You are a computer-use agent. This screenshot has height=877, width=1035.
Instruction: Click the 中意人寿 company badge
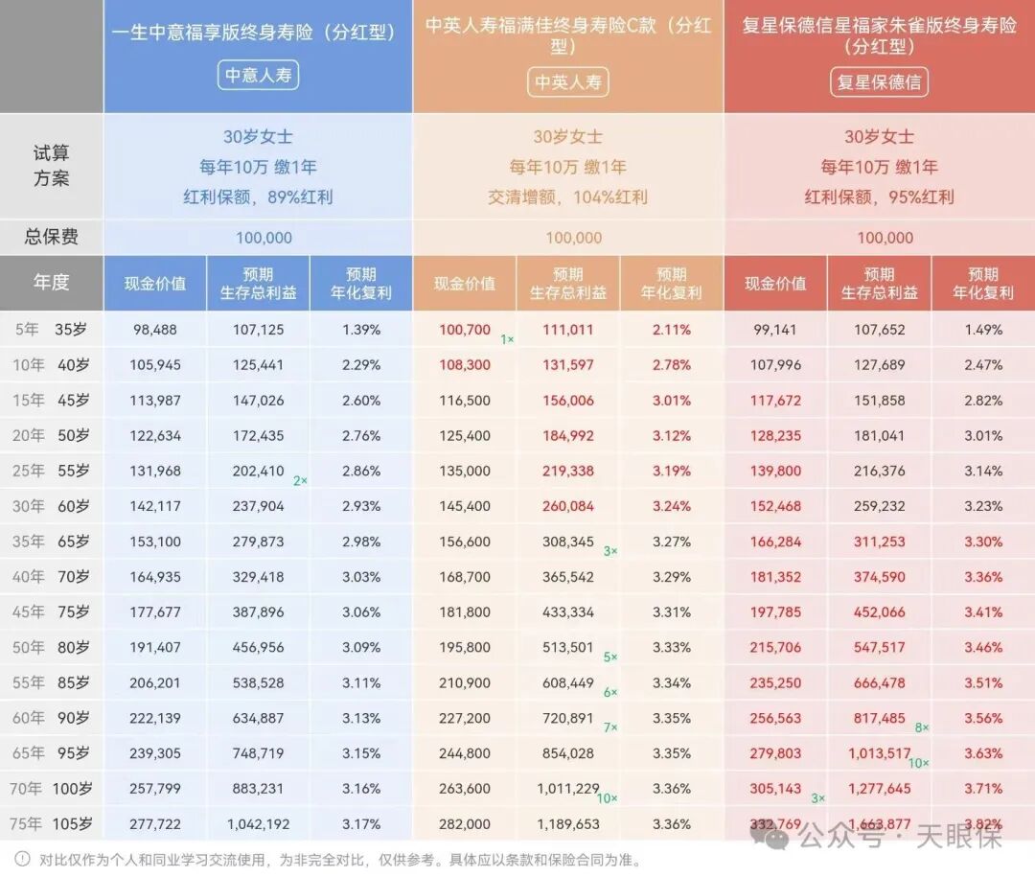pos(258,75)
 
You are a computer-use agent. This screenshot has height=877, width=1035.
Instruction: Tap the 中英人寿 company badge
pos(568,81)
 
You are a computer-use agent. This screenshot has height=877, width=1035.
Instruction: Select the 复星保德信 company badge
pos(879,81)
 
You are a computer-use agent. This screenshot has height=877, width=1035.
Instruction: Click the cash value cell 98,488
pos(155,330)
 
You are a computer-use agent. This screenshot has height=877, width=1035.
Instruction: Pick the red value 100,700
pos(465,330)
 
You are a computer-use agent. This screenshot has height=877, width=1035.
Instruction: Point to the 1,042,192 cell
pos(259,823)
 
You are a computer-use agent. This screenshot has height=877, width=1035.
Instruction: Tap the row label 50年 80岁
pos(52,647)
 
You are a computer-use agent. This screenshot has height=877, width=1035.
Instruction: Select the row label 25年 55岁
pos(52,471)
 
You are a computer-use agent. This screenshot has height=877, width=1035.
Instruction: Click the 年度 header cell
pos(52,283)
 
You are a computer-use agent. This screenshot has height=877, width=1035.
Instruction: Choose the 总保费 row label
pos(52,237)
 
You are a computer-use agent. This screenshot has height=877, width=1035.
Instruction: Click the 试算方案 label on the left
pos(52,166)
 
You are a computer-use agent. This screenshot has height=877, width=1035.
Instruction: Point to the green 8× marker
pos(922,727)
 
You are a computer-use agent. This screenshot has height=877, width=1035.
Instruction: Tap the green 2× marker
pos(300,480)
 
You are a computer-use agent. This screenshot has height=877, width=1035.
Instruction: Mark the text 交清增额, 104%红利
pos(568,196)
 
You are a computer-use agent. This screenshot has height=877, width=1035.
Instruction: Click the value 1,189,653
pos(568,823)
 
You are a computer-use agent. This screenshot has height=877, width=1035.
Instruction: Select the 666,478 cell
pos(879,682)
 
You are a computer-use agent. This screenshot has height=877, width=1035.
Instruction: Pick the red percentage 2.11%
pos(671,330)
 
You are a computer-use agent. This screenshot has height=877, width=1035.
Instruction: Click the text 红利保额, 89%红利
pos(258,196)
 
